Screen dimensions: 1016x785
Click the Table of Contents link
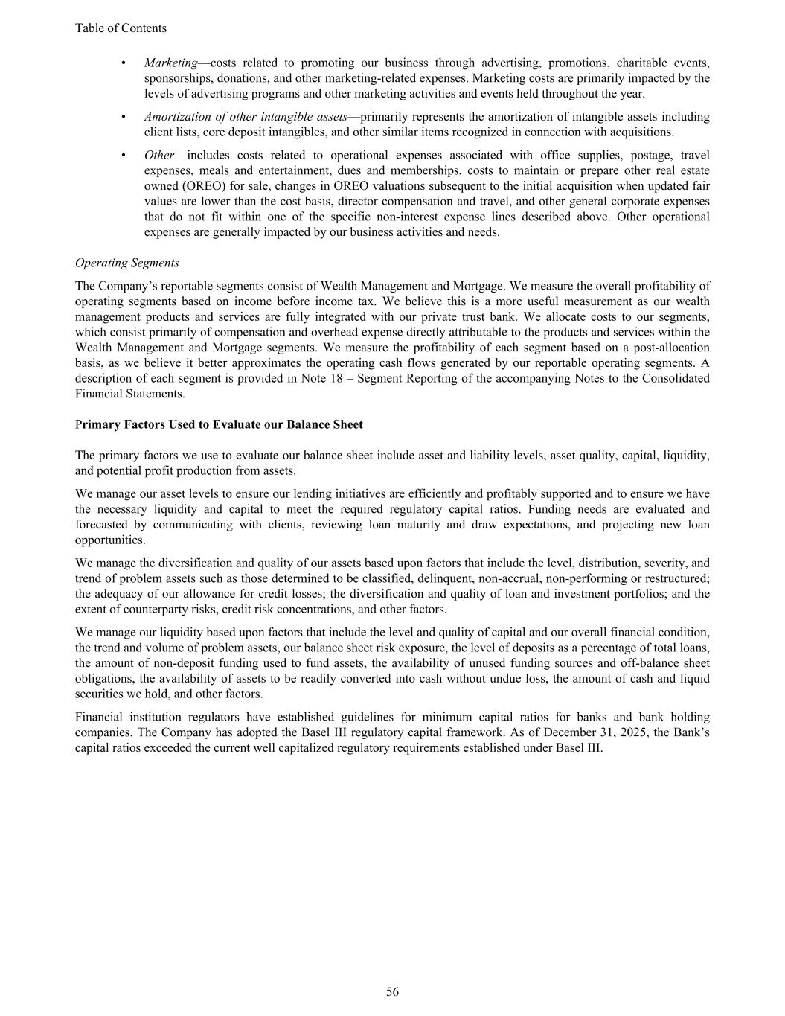(121, 28)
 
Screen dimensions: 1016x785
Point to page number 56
(392, 991)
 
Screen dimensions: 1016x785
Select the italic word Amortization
(178, 117)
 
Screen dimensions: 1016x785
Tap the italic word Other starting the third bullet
(158, 155)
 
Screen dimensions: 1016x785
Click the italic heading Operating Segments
(127, 263)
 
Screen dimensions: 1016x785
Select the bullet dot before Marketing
(123, 63)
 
